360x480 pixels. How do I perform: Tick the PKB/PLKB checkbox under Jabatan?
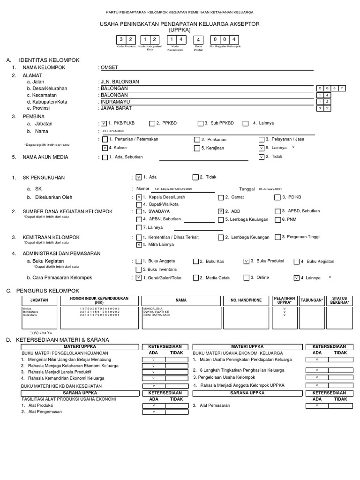click(x=104, y=123)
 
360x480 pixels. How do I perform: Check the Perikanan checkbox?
click(x=197, y=139)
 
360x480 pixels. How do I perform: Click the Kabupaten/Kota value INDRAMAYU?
click(x=114, y=101)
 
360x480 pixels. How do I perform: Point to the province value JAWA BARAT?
click(x=115, y=108)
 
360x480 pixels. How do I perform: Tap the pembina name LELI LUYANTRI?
click(x=112, y=132)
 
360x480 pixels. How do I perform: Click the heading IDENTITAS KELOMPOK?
click(x=49, y=60)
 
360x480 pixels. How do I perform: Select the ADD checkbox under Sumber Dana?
click(x=221, y=211)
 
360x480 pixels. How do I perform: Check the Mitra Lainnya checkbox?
click(x=138, y=244)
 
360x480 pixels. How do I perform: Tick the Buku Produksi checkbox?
click(x=246, y=261)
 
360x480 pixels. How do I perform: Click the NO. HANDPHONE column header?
click(x=246, y=300)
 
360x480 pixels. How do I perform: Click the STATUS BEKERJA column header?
click(x=340, y=300)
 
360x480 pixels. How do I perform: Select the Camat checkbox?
click(x=221, y=197)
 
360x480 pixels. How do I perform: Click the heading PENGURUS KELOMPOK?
click(x=49, y=291)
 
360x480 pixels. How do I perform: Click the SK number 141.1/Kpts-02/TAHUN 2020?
click(x=170, y=189)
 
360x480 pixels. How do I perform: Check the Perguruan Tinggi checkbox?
click(x=278, y=237)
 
